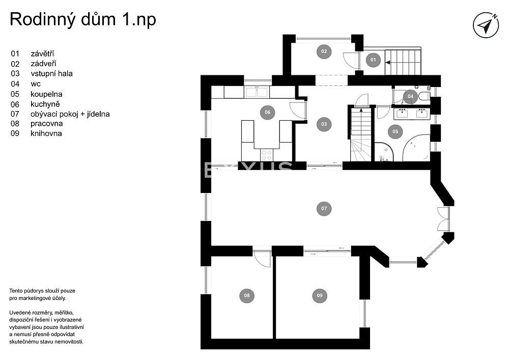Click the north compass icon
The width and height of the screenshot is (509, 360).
(x=486, y=25)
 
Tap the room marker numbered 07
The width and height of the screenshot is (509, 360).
(x=324, y=208)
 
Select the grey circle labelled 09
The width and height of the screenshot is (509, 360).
(x=320, y=295)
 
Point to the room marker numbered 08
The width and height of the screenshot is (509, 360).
(x=247, y=295)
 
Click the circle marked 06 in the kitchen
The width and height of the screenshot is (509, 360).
(x=268, y=113)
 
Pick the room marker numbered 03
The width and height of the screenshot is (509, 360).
(x=324, y=124)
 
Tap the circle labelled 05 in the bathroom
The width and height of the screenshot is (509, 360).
(x=395, y=131)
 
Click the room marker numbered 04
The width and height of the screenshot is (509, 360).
(x=410, y=96)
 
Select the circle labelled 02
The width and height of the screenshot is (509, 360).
(x=324, y=51)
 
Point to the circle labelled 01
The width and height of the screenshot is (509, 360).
(x=373, y=60)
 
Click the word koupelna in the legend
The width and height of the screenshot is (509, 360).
(x=46, y=94)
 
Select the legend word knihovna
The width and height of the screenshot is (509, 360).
(x=46, y=133)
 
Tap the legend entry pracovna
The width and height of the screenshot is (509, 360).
(x=46, y=124)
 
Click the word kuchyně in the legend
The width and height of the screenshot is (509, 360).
(x=45, y=104)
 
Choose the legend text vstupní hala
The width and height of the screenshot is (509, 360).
(x=51, y=74)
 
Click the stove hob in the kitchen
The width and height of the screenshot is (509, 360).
(x=267, y=154)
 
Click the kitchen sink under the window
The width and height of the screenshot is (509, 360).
(x=257, y=92)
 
